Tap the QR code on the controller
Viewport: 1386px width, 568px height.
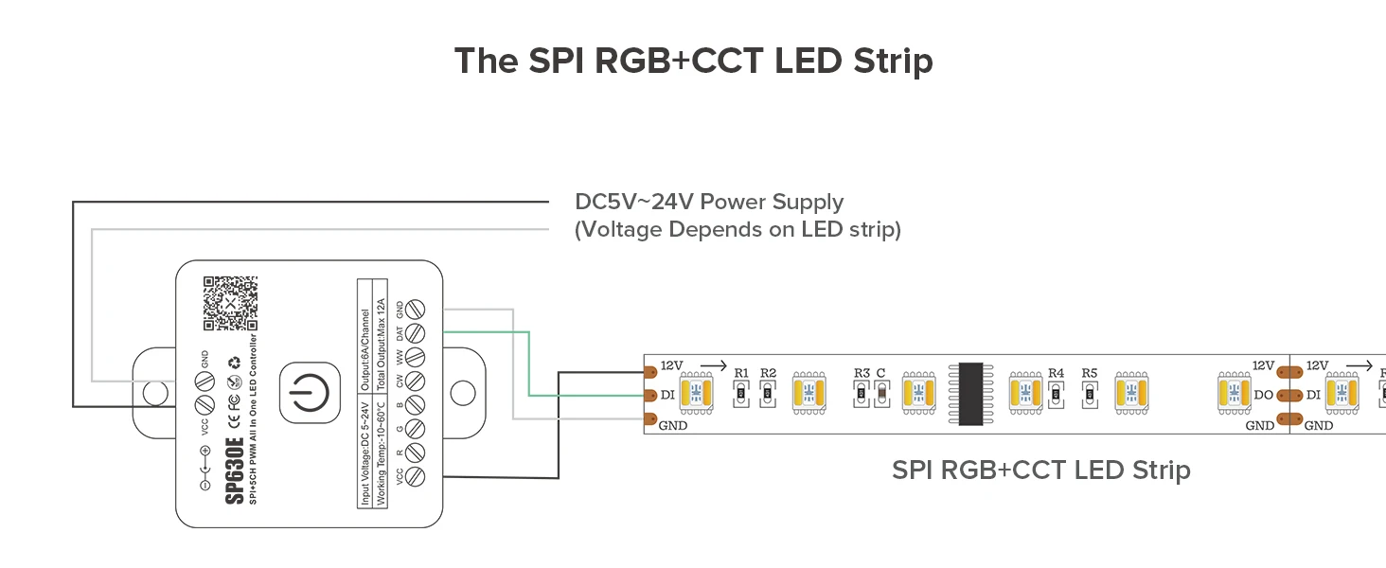coord(230,302)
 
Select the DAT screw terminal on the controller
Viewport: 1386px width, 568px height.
coord(414,332)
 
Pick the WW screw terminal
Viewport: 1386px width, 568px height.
coord(414,358)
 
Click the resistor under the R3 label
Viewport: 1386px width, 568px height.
coord(862,395)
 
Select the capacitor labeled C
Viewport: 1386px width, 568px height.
coord(881,395)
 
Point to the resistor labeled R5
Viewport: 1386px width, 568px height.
coord(1090,394)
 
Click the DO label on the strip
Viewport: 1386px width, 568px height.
coord(1262,395)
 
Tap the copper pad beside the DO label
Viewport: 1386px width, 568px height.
coord(1285,395)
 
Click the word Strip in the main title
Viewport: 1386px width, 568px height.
coord(887,61)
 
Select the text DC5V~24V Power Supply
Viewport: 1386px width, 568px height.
coord(709,203)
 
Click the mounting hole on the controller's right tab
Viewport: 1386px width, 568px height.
coord(462,391)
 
